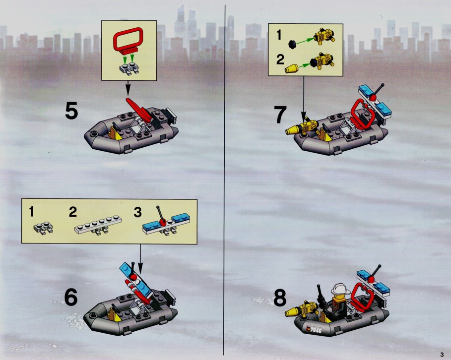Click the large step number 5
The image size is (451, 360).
pyautogui.click(x=71, y=111)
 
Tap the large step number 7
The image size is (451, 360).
pyautogui.click(x=280, y=115)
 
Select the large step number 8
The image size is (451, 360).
pyautogui.click(x=279, y=298)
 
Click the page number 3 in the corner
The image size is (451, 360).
pyautogui.click(x=442, y=355)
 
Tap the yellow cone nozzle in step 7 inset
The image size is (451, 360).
pyautogui.click(x=291, y=69)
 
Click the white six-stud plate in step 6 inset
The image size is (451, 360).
pyautogui.click(x=98, y=225)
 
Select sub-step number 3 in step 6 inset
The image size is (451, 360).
pyautogui.click(x=137, y=212)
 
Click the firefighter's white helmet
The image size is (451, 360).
pyautogui.click(x=340, y=289)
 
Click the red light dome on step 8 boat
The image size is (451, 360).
pyautogui.click(x=371, y=279)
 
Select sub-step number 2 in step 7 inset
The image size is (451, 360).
pyautogui.click(x=280, y=60)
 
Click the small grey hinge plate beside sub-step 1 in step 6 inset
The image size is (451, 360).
pyautogui.click(x=43, y=228)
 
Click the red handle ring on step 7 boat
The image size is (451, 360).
pyautogui.click(x=362, y=113)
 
